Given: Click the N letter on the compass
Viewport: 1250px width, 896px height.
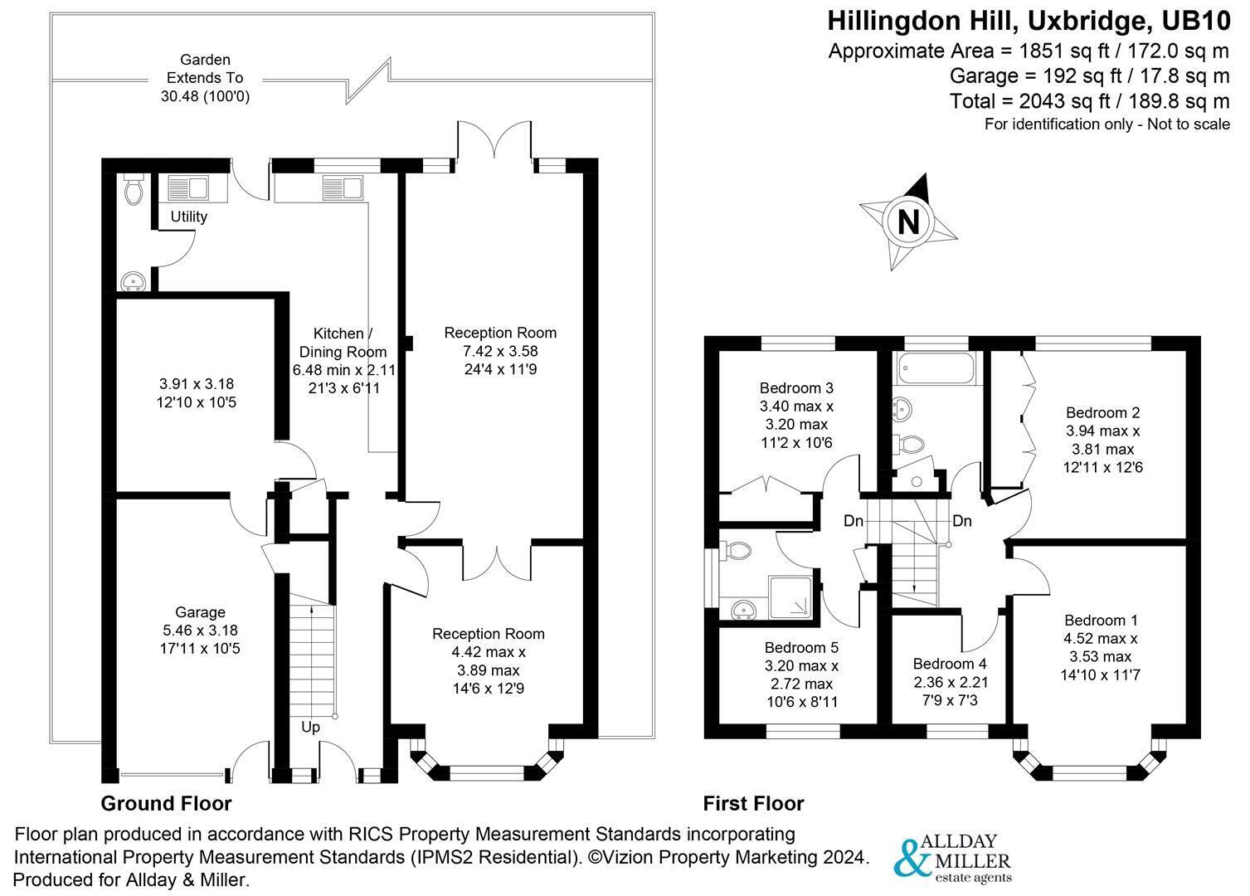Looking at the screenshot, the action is [x=908, y=222].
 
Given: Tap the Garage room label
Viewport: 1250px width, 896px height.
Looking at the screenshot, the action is [x=200, y=612].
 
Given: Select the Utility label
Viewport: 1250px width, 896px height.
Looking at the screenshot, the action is [x=188, y=217].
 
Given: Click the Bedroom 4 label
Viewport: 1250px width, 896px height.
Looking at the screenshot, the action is [x=950, y=664].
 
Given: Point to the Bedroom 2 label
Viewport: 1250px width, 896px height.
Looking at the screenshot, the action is [x=1102, y=412].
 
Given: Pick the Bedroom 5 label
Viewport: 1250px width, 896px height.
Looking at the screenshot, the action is [x=801, y=648].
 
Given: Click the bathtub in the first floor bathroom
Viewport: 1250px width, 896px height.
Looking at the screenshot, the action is [x=936, y=368].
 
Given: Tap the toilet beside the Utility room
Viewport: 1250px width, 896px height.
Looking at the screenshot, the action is [x=134, y=188].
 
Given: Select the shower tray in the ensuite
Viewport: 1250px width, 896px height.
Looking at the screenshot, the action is [x=790, y=598].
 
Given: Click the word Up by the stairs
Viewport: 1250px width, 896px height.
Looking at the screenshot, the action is [x=310, y=727].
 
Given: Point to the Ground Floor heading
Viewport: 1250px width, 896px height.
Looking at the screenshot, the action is [x=166, y=803].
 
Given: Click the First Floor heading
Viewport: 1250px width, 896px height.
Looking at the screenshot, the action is [x=753, y=803].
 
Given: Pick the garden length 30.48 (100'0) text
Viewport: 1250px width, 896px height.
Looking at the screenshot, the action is [x=206, y=96].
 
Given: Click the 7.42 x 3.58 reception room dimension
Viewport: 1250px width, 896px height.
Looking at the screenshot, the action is [x=500, y=351].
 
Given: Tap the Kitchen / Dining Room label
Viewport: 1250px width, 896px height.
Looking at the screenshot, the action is [x=343, y=342].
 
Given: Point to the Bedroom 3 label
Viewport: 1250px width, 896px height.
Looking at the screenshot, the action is [x=796, y=388].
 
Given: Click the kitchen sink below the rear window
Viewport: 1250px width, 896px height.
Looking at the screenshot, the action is [x=343, y=187].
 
